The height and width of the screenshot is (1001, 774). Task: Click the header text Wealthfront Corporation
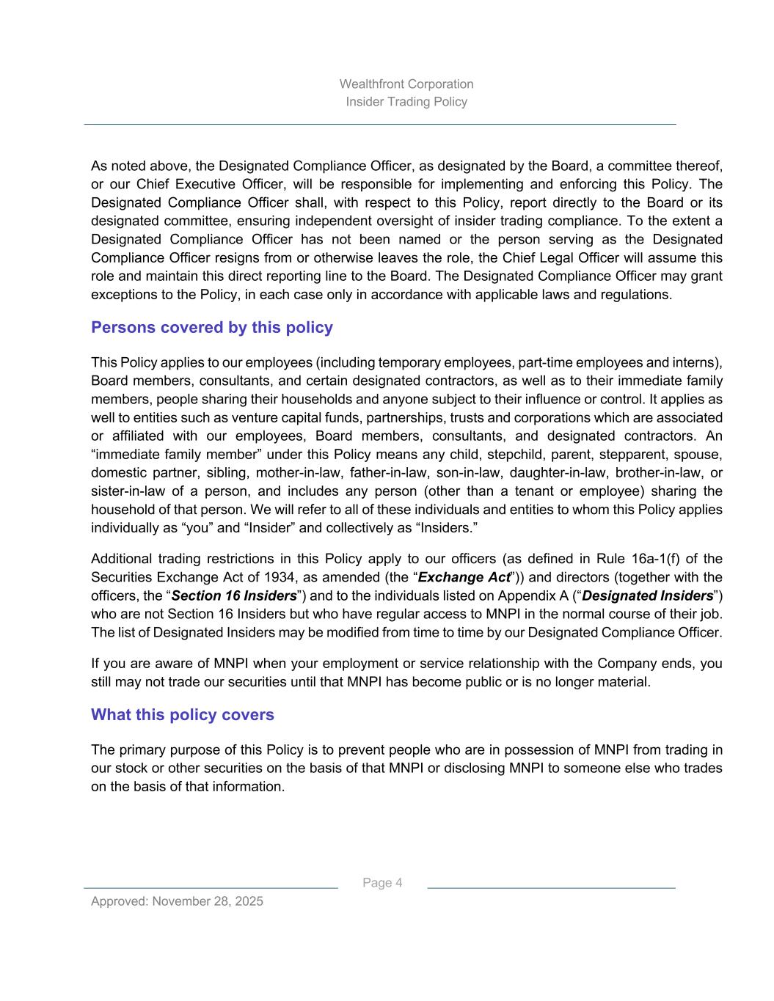click(406, 84)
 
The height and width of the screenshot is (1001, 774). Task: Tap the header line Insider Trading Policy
click(406, 101)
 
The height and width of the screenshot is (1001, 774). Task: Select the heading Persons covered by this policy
click(211, 327)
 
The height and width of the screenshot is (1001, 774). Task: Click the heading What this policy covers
click(182, 714)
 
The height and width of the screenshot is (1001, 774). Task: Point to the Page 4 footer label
click(382, 882)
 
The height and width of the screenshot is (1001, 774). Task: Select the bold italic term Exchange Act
click(464, 577)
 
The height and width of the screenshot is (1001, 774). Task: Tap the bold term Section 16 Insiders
click(234, 595)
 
